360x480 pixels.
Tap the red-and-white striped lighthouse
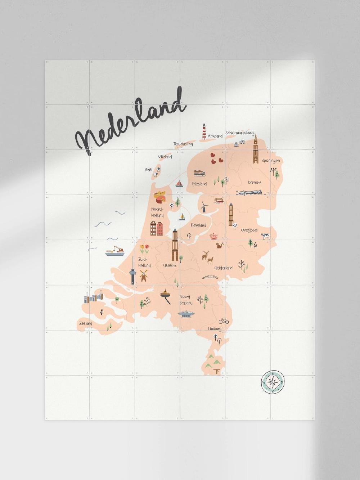pyautogui.click(x=204, y=132)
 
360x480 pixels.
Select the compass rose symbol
pyautogui.click(x=273, y=382)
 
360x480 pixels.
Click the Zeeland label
pyautogui.click(x=86, y=323)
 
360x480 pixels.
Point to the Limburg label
pyautogui.click(x=215, y=329)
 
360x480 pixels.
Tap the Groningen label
pyautogui.click(x=271, y=161)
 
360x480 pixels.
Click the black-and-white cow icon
pyautogui.click(x=266, y=236)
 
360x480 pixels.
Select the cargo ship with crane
pyautogui.click(x=114, y=251)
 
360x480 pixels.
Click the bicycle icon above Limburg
pyautogui.click(x=224, y=320)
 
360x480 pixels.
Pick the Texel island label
pyautogui.click(x=148, y=169)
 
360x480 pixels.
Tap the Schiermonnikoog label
pyautogui.click(x=240, y=133)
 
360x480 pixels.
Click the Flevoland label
pyautogui.click(x=198, y=225)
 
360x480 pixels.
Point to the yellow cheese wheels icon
pyautogui.click(x=161, y=197)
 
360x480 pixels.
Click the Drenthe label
pyautogui.click(x=255, y=183)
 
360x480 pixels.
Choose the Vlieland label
pyautogui.click(x=165, y=157)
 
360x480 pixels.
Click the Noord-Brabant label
pyautogui.click(x=186, y=300)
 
